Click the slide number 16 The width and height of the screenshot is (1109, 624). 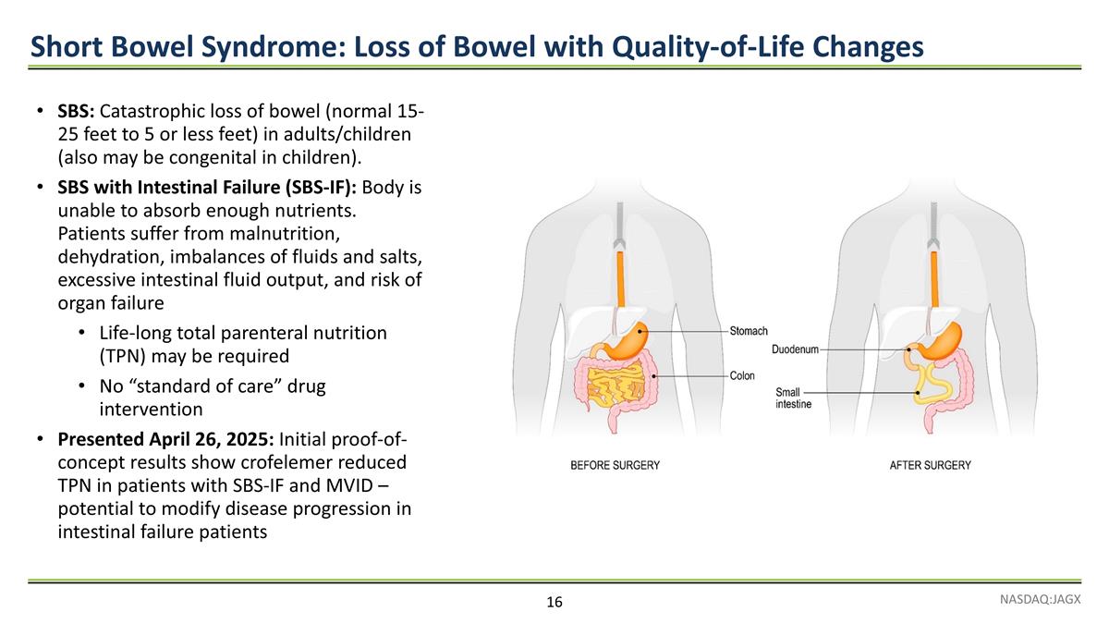click(x=554, y=603)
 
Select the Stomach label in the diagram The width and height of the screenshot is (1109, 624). click(x=749, y=331)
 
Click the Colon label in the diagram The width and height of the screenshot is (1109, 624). click(x=742, y=376)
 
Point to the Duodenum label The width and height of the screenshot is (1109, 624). click(x=795, y=349)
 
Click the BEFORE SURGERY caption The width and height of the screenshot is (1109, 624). click(x=615, y=465)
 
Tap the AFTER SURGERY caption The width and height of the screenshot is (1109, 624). click(x=930, y=465)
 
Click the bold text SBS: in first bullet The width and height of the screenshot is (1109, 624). click(x=76, y=114)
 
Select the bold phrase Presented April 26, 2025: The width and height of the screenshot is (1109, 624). click(x=165, y=437)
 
